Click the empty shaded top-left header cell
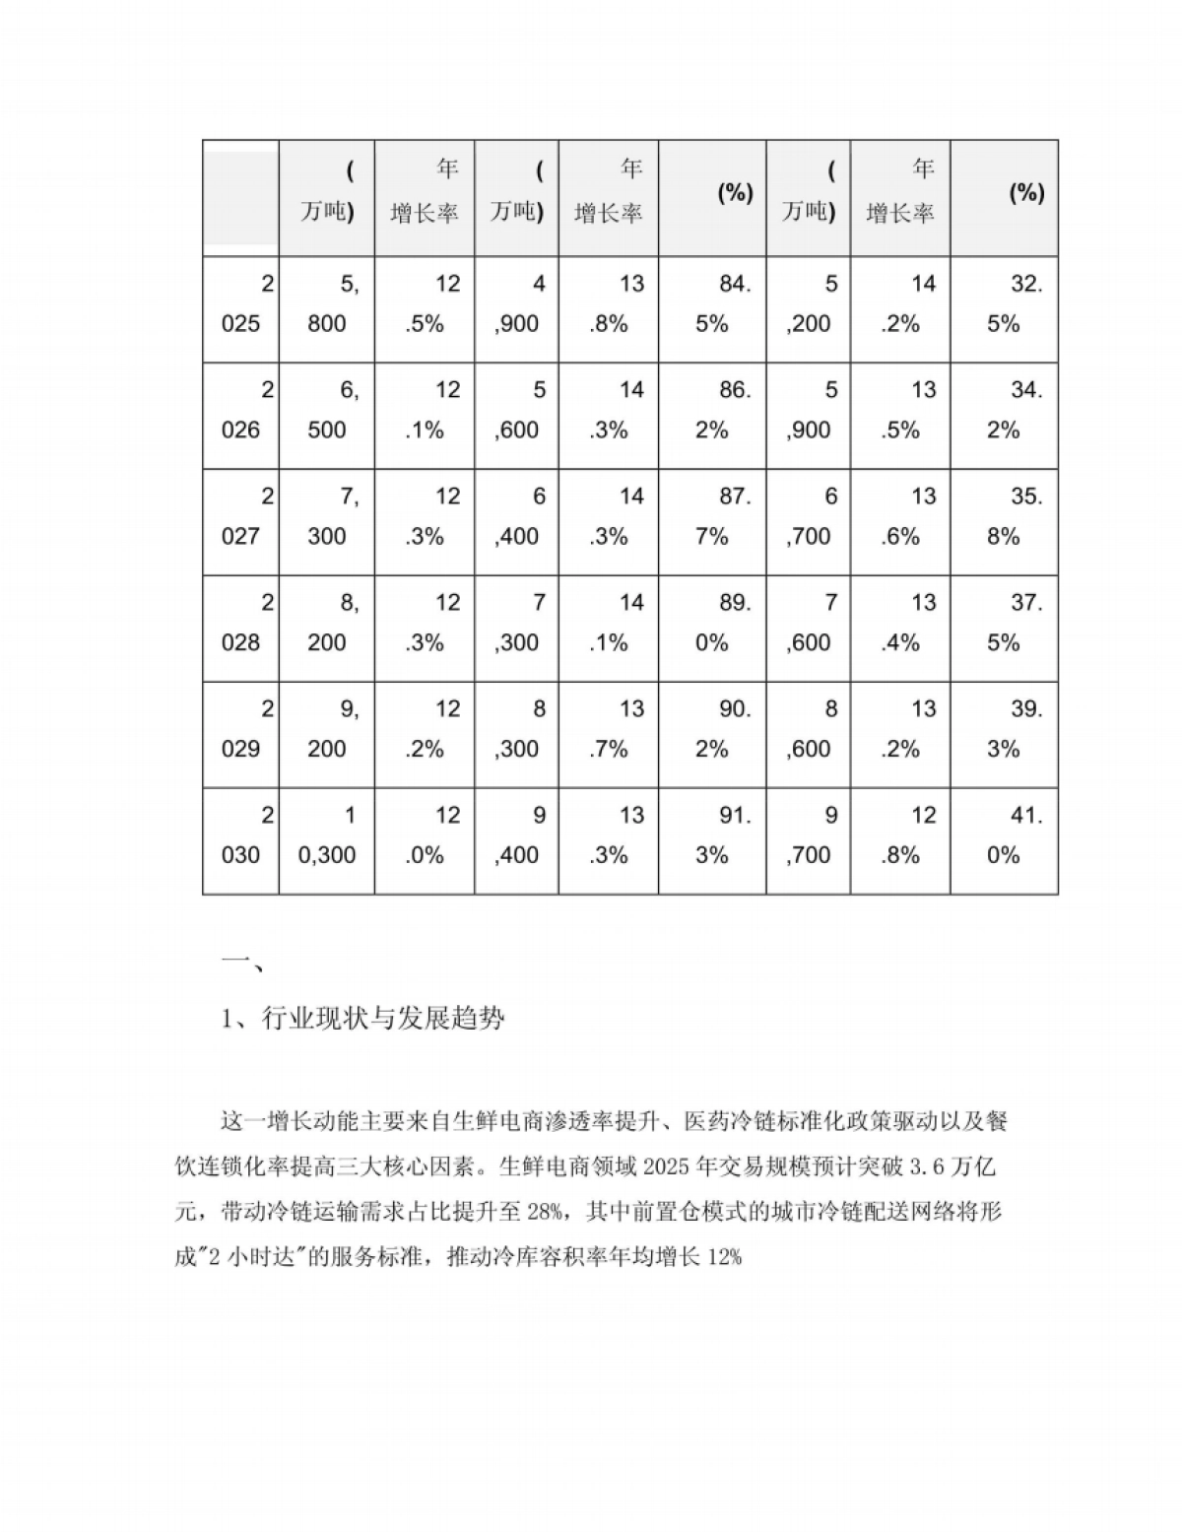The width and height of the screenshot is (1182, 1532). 241,193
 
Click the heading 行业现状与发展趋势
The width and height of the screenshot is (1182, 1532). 383,1019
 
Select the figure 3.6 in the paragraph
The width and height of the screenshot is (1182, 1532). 909,1168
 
